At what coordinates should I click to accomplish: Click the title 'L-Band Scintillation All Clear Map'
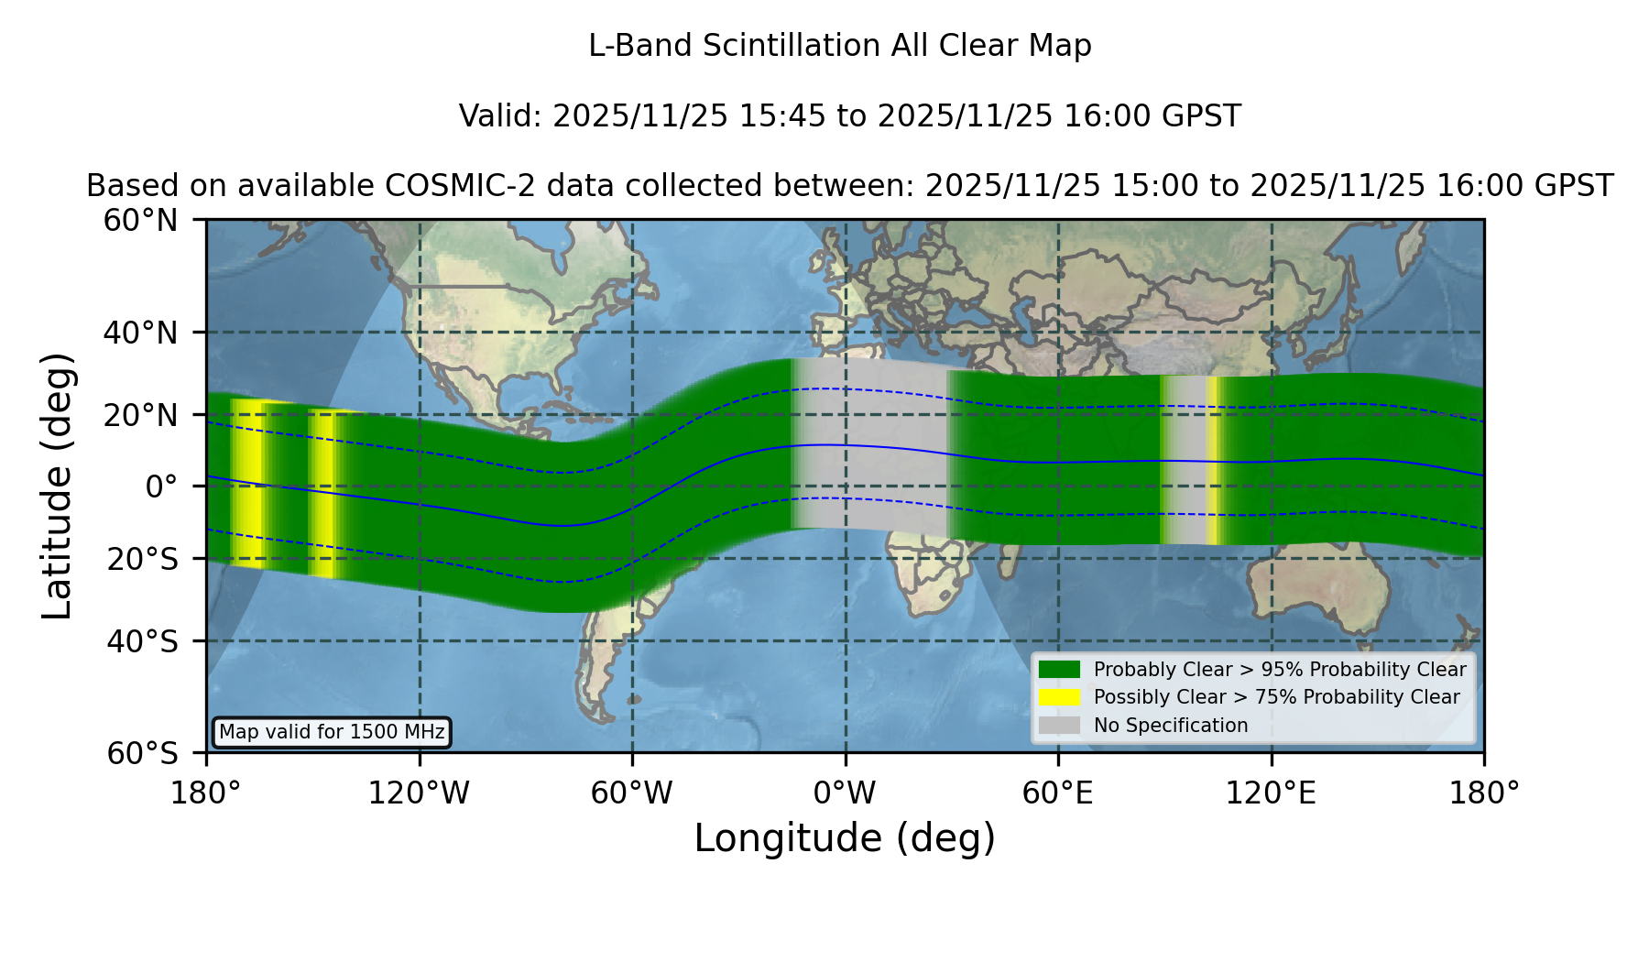click(839, 46)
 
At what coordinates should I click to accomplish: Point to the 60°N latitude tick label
click(140, 221)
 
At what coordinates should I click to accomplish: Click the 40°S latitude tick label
click(142, 641)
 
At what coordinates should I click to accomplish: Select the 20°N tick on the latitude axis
click(140, 415)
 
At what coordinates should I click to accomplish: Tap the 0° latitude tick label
click(161, 486)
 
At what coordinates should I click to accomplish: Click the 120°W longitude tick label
click(419, 793)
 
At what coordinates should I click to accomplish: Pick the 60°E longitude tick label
click(1057, 793)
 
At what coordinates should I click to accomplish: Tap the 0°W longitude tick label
click(845, 793)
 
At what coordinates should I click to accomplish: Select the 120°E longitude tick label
click(1271, 793)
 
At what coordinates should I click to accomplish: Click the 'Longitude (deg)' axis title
click(845, 838)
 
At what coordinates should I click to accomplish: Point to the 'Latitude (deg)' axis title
click(58, 486)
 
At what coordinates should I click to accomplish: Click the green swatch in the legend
click(1059, 670)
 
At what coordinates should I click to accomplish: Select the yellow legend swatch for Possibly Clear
click(1059, 697)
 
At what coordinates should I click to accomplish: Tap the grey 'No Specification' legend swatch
click(1059, 726)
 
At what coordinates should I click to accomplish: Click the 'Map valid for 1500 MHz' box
click(332, 732)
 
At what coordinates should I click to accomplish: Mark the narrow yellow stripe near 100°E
click(1213, 461)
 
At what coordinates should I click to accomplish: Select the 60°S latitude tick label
click(142, 754)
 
